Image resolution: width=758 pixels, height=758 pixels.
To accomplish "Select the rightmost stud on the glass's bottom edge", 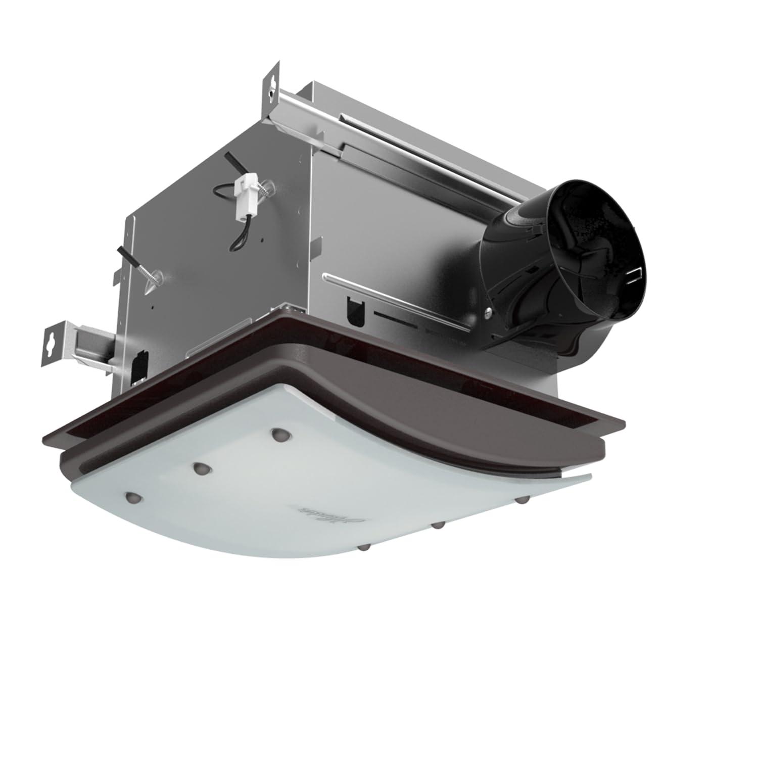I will [x=524, y=500].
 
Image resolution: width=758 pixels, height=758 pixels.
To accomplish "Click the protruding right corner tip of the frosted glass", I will [x=586, y=476].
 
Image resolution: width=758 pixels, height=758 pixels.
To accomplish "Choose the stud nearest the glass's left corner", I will [x=133, y=498].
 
